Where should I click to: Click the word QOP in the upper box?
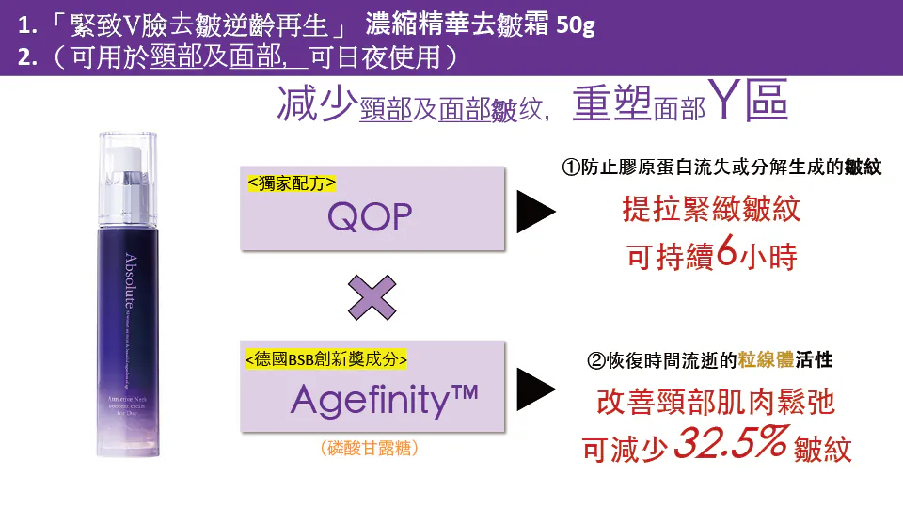[370, 218]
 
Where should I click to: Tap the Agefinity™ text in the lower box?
[386, 400]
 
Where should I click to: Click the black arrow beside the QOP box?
[536, 214]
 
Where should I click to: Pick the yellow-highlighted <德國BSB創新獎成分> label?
[326, 358]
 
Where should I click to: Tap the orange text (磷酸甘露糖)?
[369, 449]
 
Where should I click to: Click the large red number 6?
[726, 256]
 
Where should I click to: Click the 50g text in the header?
[575, 24]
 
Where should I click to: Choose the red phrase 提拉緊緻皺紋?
[712, 209]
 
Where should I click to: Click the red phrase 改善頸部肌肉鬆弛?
[716, 404]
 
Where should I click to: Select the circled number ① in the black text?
[571, 168]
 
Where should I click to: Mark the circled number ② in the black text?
[595, 360]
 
